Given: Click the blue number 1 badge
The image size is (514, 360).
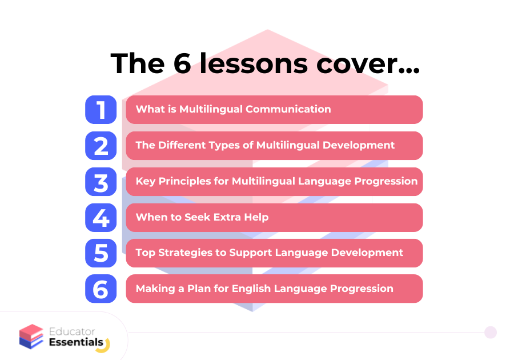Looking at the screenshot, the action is click(x=101, y=110).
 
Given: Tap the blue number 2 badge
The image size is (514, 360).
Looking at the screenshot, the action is click(x=101, y=146).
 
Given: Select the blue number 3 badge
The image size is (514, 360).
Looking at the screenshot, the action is click(x=101, y=182).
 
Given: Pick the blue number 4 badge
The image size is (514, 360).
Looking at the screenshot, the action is click(x=101, y=217).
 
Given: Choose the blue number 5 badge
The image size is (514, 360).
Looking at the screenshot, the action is click(x=101, y=253).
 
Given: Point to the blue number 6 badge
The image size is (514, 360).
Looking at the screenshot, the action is click(x=101, y=289).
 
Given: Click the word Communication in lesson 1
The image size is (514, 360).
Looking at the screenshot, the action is click(x=288, y=109).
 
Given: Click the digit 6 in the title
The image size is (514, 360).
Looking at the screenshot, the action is click(x=182, y=63).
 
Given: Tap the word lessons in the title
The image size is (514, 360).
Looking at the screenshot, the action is click(x=254, y=63).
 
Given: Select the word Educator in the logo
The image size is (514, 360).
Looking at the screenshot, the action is click(x=72, y=331).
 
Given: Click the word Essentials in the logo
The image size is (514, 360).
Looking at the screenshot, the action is click(x=76, y=342).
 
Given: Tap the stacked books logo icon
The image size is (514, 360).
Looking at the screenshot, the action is click(x=31, y=337).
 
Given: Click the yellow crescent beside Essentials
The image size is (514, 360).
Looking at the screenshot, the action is click(x=105, y=347).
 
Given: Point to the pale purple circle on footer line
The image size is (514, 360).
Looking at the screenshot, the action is click(x=491, y=332).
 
